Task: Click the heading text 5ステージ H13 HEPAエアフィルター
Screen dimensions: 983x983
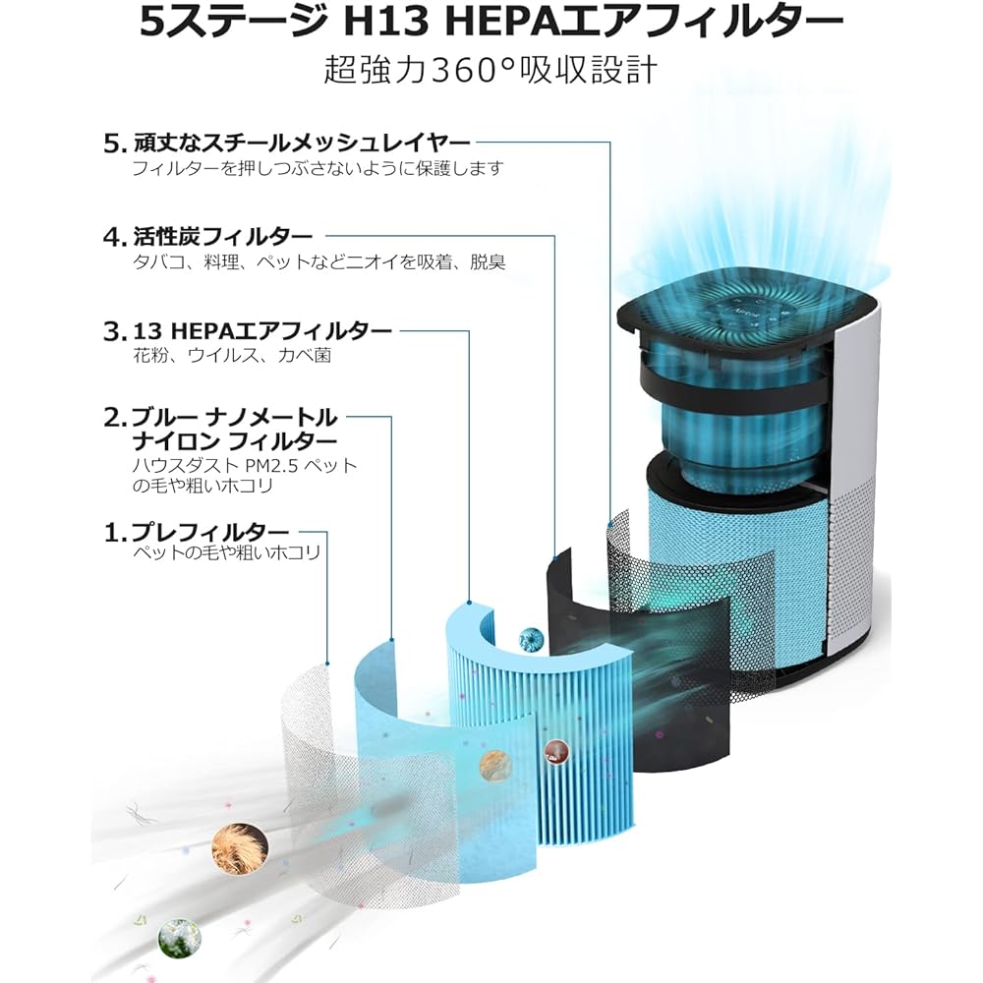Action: (491, 22)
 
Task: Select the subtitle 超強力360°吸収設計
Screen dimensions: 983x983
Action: (491, 70)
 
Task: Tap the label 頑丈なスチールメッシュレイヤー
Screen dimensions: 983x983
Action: (302, 144)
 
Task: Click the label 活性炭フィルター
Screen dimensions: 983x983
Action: (222, 236)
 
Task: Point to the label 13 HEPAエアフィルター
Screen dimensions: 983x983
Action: (262, 330)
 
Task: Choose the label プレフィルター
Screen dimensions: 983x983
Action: (210, 532)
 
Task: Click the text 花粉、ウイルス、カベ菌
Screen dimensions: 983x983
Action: (232, 356)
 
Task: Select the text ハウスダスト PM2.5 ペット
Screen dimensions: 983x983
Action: (245, 465)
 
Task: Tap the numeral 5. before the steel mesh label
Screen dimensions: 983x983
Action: (115, 145)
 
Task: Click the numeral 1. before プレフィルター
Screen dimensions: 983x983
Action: (115, 532)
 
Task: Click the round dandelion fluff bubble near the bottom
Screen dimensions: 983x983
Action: (180, 939)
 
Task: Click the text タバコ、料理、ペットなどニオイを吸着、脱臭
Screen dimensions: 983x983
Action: (319, 262)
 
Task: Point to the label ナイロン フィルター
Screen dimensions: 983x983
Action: (235, 441)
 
